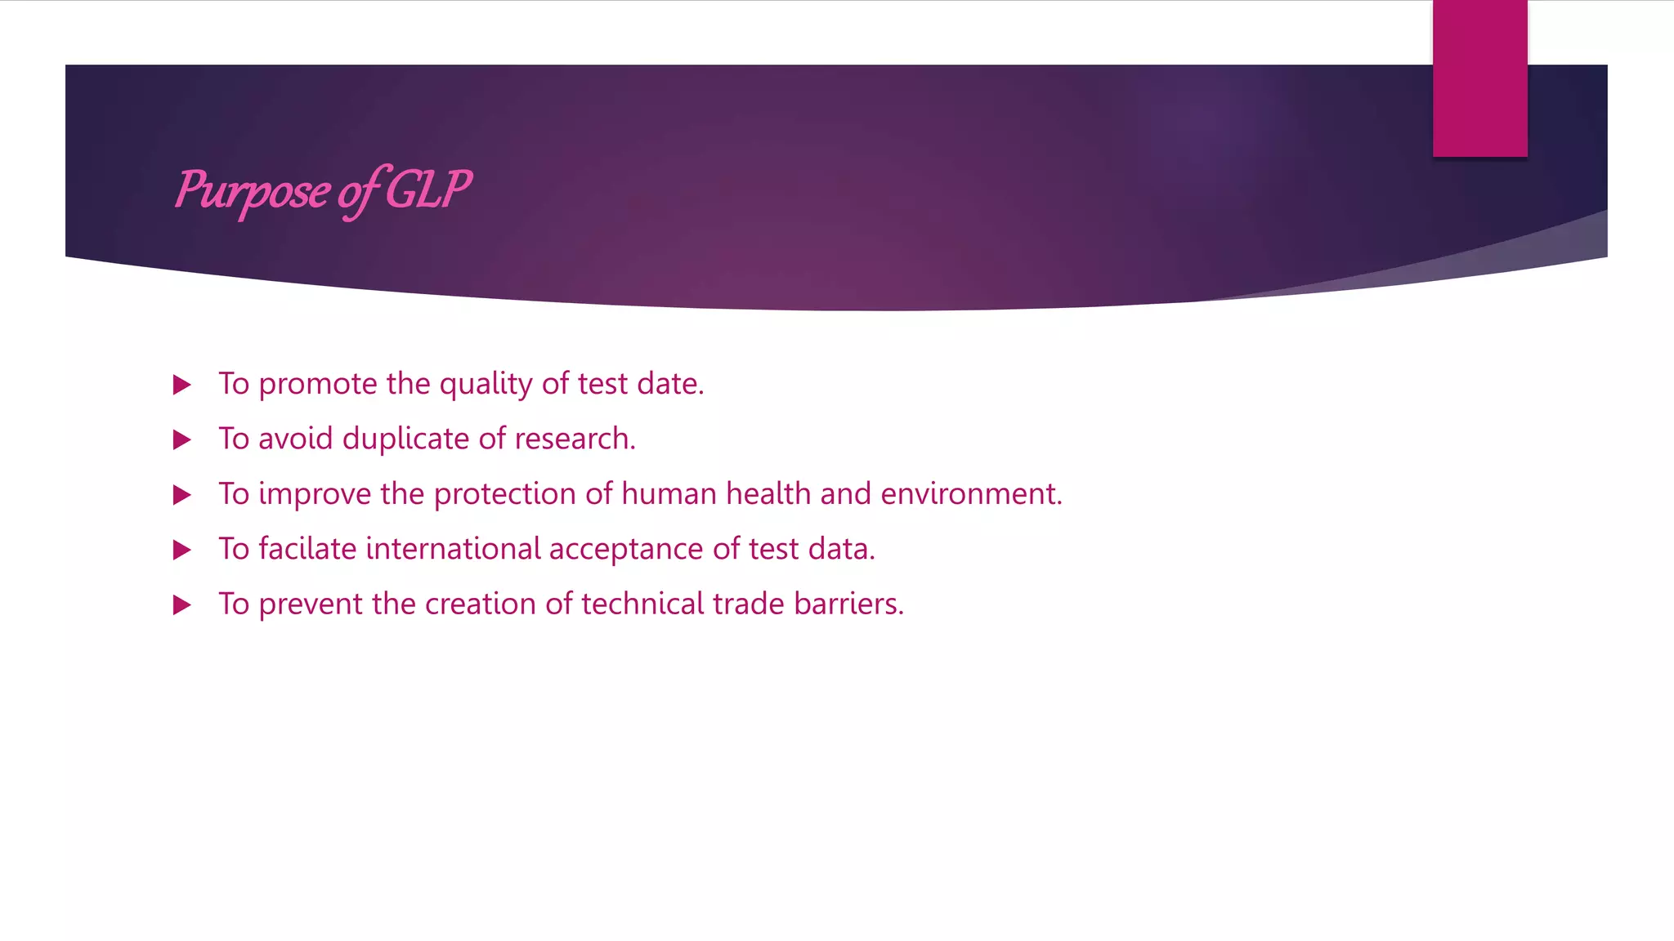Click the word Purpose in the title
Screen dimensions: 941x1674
point(253,191)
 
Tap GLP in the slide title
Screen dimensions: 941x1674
point(427,190)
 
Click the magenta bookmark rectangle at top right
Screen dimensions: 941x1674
point(1479,78)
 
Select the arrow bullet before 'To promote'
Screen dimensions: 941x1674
point(182,385)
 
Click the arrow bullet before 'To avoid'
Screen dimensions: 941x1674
point(182,440)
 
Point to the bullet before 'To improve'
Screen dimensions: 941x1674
point(182,495)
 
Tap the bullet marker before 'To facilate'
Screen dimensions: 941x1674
point(182,550)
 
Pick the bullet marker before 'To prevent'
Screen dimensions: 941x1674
point(182,605)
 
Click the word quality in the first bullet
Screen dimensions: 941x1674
point(486,385)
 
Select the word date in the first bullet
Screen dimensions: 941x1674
point(669,383)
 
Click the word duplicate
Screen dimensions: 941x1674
point(405,439)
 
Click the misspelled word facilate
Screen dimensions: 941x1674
point(307,548)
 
